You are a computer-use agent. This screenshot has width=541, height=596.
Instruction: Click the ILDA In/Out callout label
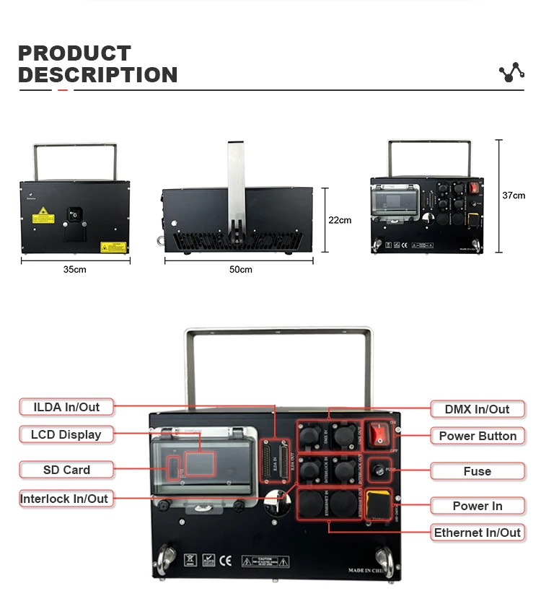(66, 407)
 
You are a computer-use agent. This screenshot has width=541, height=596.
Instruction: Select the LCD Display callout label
(66, 434)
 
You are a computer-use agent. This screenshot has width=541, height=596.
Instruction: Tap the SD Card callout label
(66, 470)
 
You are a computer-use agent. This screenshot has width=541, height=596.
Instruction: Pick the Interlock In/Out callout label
(64, 499)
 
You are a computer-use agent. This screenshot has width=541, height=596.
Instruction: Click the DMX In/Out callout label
(477, 409)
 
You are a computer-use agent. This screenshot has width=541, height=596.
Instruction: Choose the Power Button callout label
(477, 436)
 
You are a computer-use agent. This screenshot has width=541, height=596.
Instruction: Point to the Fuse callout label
(477, 471)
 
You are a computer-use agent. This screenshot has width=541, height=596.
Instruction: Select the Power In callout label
(477, 506)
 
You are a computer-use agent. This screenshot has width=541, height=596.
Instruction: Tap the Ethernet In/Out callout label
(477, 533)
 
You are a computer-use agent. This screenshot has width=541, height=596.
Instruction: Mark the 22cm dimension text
(340, 220)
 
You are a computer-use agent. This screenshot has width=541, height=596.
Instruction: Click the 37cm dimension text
(514, 196)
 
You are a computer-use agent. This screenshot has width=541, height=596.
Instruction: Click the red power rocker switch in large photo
(378, 434)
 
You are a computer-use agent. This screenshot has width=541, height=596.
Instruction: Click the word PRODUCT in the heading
(74, 53)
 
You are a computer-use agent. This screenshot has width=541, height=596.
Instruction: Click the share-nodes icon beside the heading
(511, 72)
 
